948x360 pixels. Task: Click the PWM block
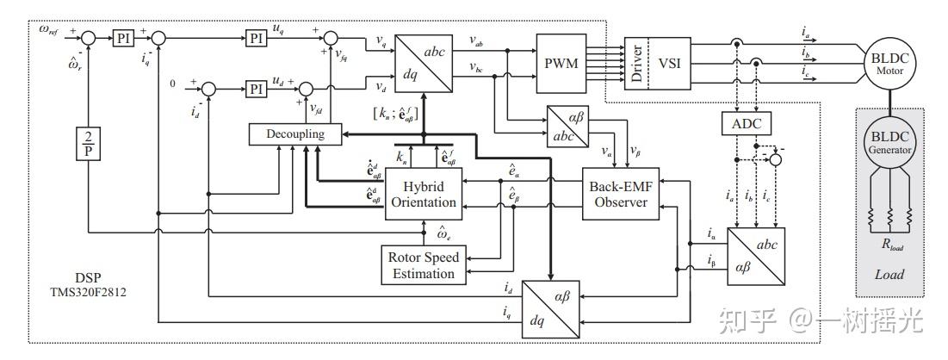click(x=561, y=65)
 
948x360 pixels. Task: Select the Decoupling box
click(x=294, y=134)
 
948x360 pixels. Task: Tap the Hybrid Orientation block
click(x=422, y=194)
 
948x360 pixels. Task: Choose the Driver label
click(x=635, y=63)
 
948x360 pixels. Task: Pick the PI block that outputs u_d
click(x=256, y=89)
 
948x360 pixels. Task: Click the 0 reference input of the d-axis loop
click(x=173, y=84)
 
